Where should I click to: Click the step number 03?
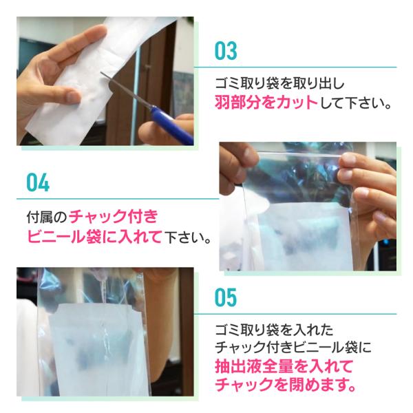tap(226, 51)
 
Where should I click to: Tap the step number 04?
tap(38, 182)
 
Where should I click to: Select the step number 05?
tap(226, 297)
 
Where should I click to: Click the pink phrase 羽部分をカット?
tap(266, 103)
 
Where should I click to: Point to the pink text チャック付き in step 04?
tap(114, 217)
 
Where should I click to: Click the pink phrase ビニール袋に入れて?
tap(94, 237)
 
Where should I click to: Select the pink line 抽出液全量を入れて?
tap(284, 366)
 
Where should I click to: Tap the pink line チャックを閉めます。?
tap(286, 385)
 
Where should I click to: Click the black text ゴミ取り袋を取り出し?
tap(279, 83)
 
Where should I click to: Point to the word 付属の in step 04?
tap(47, 217)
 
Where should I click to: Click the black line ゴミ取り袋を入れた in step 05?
tap(274, 330)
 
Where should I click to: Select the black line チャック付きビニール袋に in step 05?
tap(293, 348)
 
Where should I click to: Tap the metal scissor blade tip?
tap(101, 74)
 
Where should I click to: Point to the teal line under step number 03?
tap(295, 67)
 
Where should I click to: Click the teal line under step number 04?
tap(118, 199)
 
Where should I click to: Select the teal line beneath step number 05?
tap(295, 314)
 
